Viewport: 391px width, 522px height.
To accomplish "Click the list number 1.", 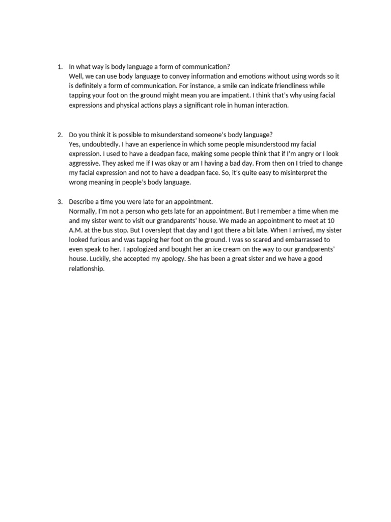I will (59, 67).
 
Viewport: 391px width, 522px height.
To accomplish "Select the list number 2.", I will (59, 135).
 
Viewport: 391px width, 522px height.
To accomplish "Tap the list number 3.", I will (59, 202).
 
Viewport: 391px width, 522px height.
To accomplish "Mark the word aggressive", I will (86, 163).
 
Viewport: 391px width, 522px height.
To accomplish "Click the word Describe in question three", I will (81, 202).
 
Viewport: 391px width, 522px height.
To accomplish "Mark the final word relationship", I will (87, 269).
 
